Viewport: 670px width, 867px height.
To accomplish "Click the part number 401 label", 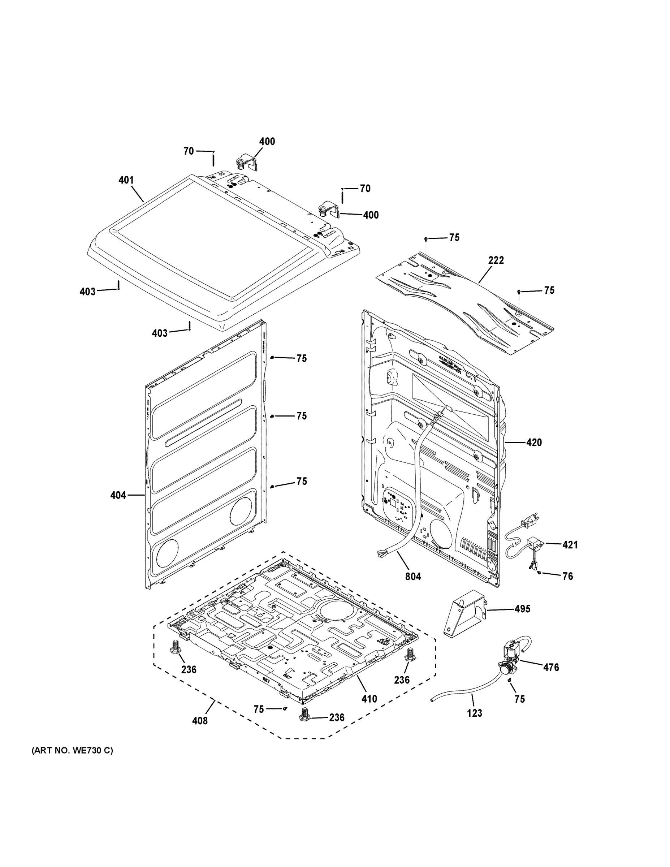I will click(126, 180).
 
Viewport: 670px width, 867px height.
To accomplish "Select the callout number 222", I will click(496, 260).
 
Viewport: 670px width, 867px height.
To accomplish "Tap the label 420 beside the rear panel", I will click(534, 442).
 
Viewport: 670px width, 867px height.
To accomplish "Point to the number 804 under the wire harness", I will click(413, 577).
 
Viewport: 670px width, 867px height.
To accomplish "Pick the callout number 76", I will click(567, 576).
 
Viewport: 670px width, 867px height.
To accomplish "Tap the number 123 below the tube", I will click(474, 713).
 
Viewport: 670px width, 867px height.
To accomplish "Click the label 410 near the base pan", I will click(369, 699).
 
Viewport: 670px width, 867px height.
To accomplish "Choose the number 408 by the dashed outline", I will click(200, 721).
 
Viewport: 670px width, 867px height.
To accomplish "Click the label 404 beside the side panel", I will click(118, 495).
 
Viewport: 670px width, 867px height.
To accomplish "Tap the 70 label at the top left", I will click(189, 151).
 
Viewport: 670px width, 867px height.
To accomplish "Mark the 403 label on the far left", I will click(87, 292).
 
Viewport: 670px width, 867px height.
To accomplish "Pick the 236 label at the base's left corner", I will click(189, 670).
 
